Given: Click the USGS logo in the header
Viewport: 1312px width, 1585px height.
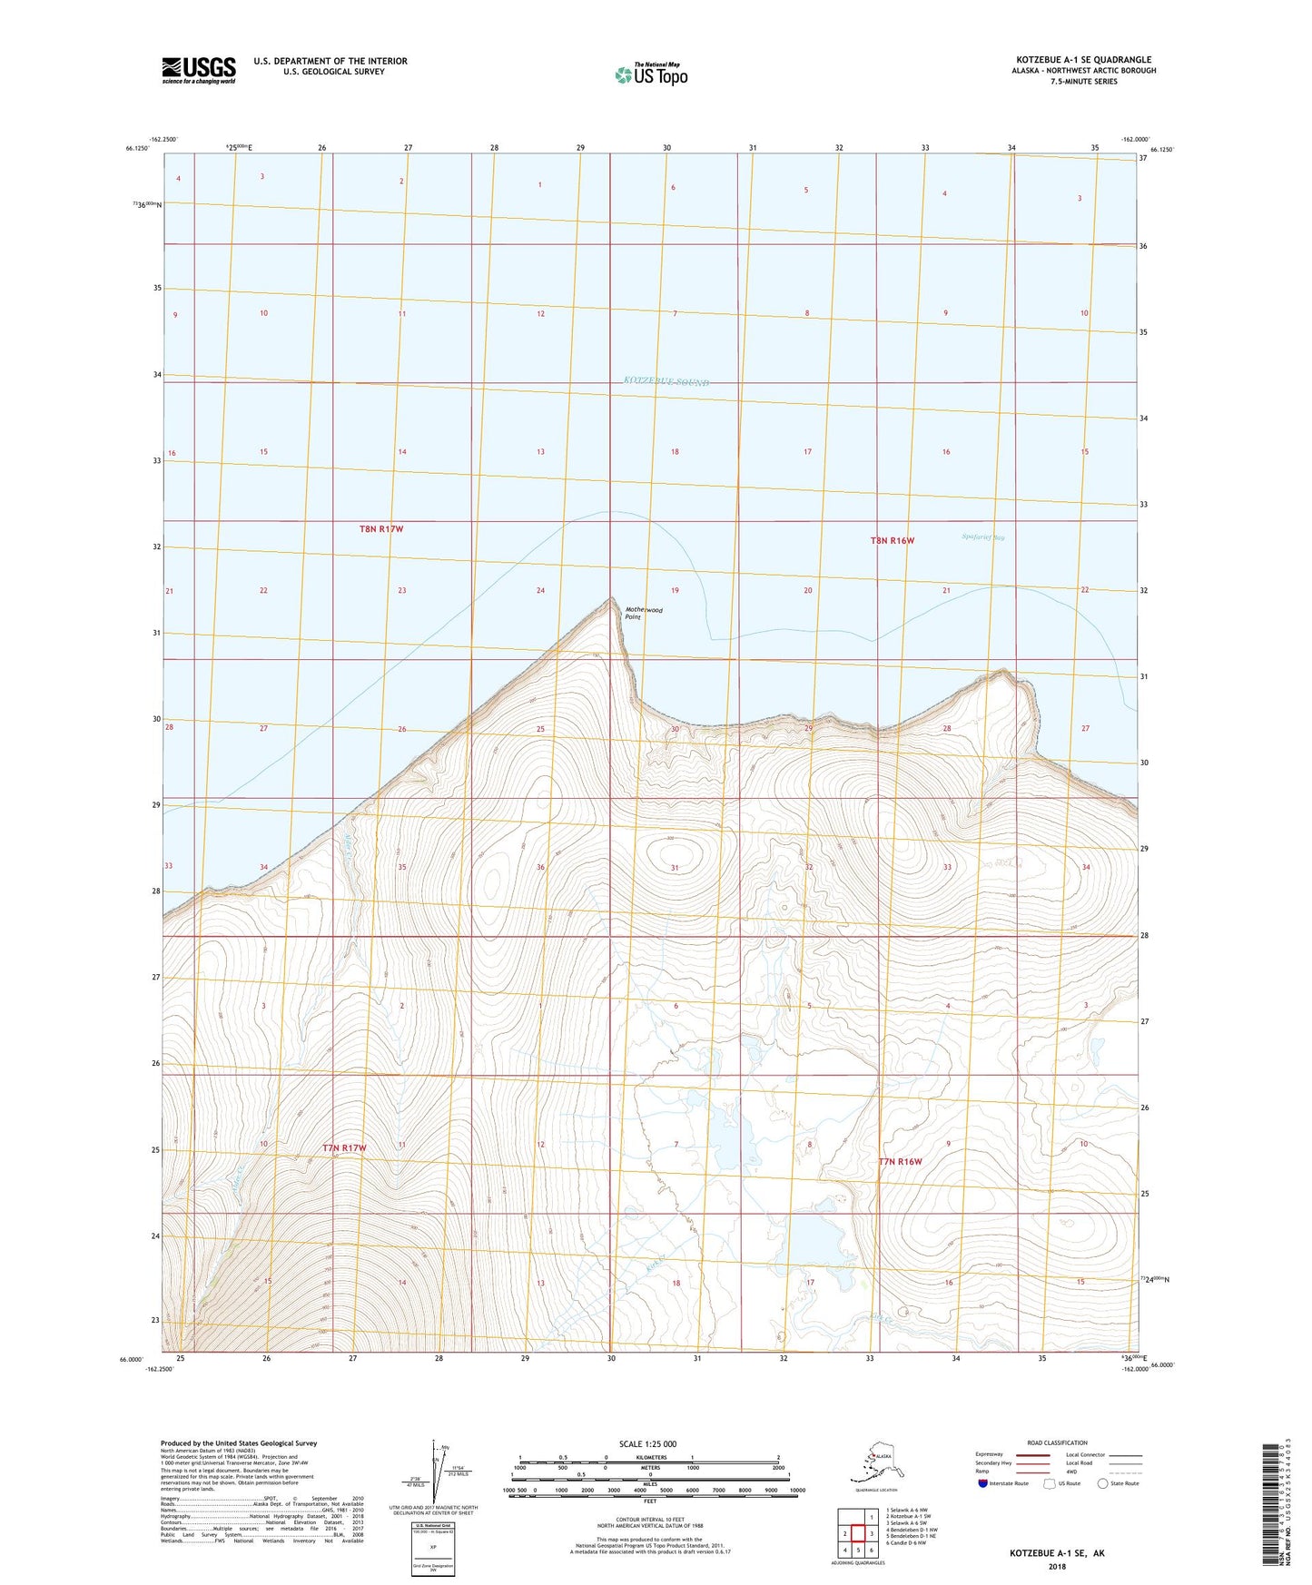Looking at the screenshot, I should (198, 70).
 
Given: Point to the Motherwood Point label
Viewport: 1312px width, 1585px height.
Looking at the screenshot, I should (643, 614).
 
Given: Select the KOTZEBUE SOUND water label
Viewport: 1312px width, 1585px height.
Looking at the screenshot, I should (666, 382).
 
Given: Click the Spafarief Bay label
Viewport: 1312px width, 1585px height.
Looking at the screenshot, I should (982, 537).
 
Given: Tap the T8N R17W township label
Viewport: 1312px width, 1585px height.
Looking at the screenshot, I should (380, 528).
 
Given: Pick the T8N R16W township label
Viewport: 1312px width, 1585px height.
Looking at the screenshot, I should (892, 541).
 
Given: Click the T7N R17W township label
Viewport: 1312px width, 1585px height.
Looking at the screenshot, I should (344, 1148).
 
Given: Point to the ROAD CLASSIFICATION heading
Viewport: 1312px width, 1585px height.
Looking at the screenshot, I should (1057, 1442).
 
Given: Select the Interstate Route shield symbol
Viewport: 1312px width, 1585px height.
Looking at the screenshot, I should (982, 1483).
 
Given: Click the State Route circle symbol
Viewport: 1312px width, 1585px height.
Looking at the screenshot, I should (1103, 1483).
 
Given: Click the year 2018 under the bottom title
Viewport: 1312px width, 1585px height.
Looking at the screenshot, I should (1057, 1566).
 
